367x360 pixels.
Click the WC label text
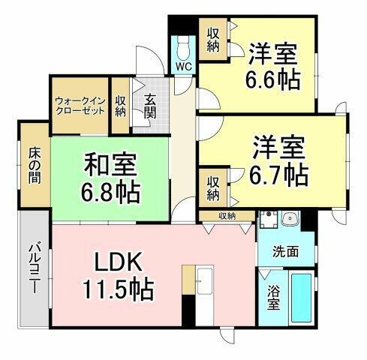[183, 66]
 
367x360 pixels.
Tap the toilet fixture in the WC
[184, 47]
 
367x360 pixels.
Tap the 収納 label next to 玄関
[121, 105]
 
